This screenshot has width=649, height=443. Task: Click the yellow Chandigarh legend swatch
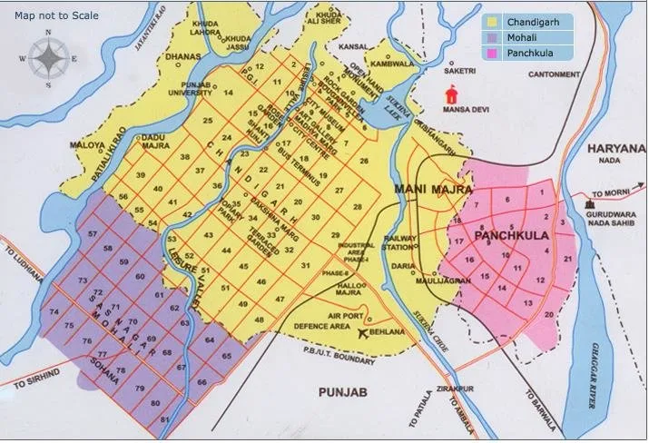pos(494,22)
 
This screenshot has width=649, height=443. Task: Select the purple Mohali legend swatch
pos(494,38)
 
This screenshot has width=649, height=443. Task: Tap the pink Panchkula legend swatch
pos(494,54)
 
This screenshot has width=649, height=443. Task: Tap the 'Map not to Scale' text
pos(56,15)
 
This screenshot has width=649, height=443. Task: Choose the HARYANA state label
pos(615,148)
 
